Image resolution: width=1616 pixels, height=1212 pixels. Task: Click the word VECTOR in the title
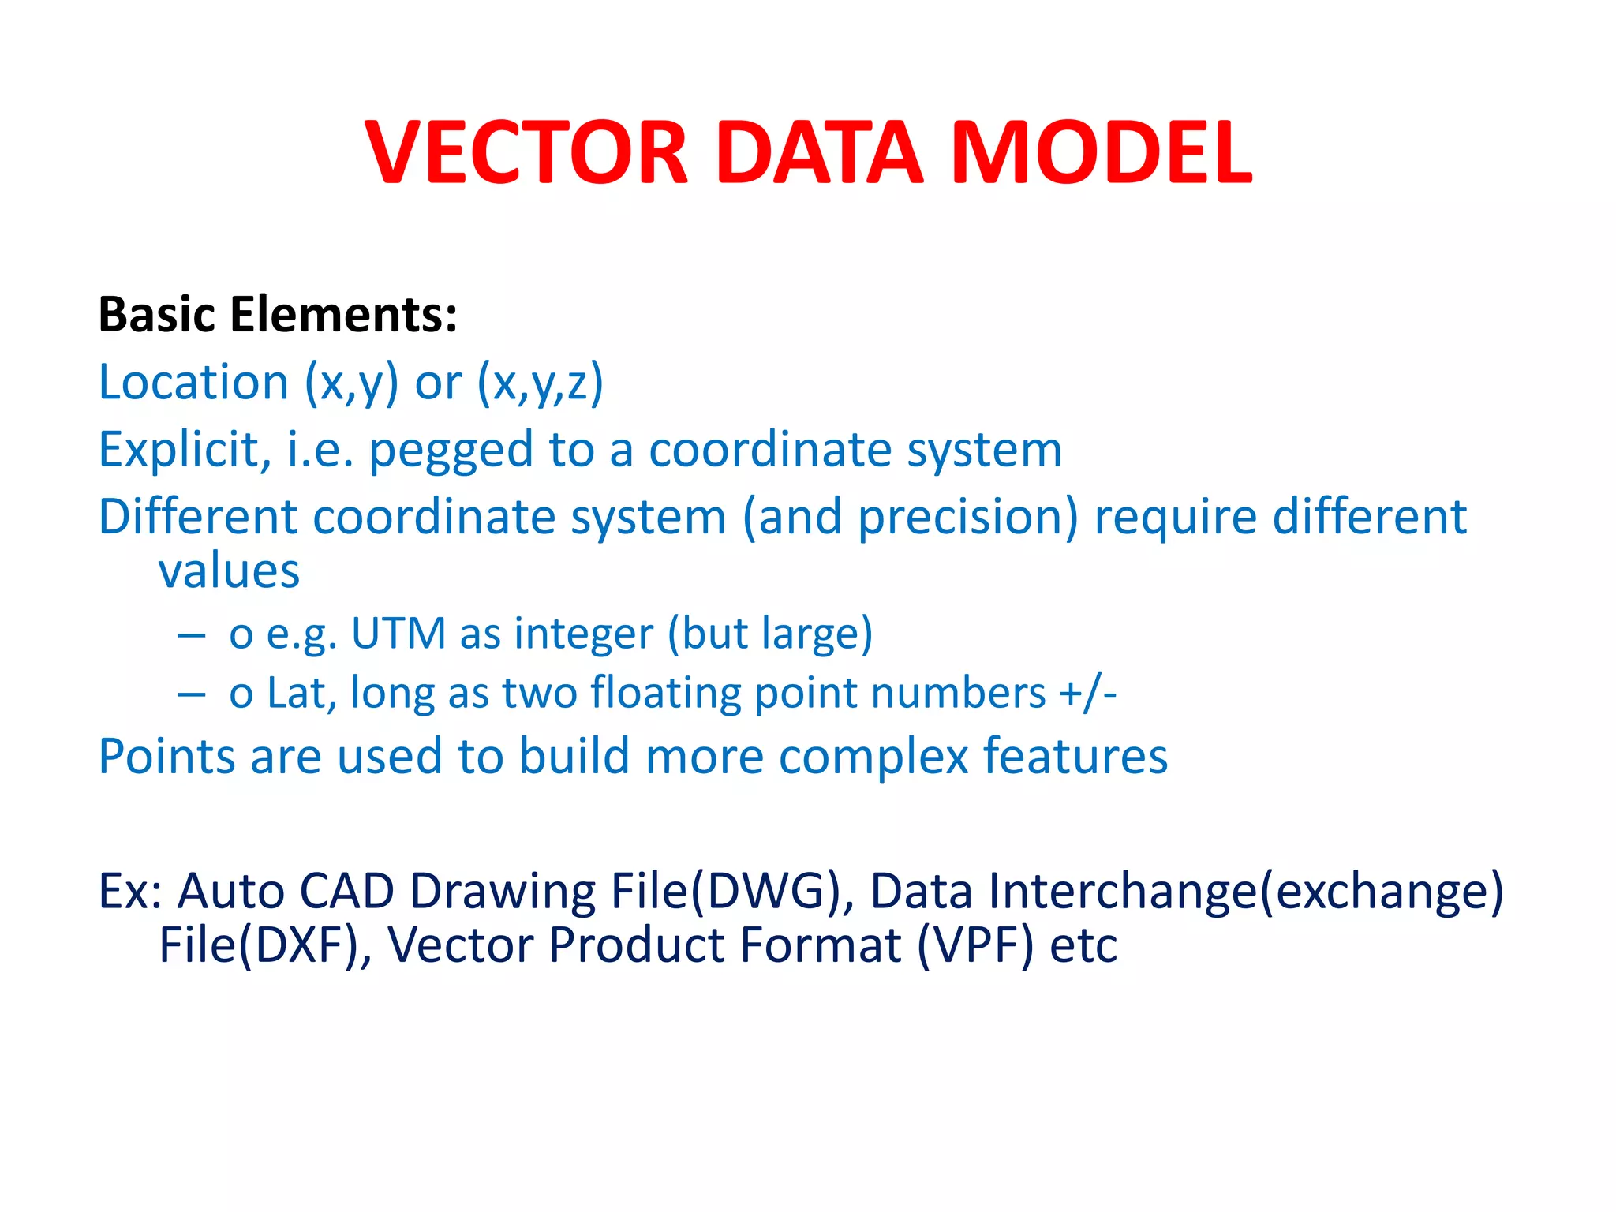527,153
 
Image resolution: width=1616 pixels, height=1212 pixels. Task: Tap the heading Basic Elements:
278,315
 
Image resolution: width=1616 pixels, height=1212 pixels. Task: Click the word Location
194,383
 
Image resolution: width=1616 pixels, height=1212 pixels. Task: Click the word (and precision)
910,518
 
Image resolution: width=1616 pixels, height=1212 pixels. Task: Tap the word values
229,571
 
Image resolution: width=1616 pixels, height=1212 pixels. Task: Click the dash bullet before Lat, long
192,694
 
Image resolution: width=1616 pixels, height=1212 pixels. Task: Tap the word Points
166,757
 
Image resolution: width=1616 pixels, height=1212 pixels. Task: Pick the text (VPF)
975,945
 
